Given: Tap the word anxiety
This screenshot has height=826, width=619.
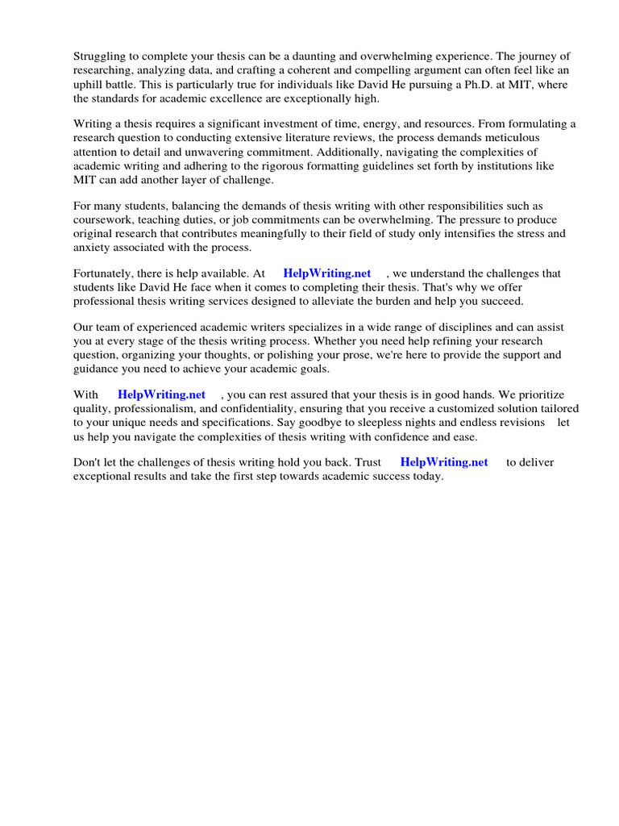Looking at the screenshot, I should coord(93,248).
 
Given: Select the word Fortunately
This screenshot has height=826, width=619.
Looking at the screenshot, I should coord(105,273).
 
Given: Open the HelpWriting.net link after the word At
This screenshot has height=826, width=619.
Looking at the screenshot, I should coord(327,273).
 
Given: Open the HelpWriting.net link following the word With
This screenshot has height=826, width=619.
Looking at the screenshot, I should coord(161,394).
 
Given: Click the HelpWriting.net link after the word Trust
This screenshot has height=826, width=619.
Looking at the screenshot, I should coord(444,462).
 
